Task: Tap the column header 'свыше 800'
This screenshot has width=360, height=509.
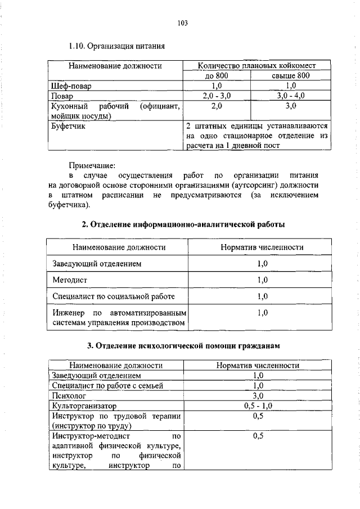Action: (x=291, y=76)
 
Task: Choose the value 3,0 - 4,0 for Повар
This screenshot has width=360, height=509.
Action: (x=291, y=96)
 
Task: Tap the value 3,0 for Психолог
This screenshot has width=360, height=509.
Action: (x=258, y=395)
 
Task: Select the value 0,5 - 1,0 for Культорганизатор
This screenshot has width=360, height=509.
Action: (x=258, y=406)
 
